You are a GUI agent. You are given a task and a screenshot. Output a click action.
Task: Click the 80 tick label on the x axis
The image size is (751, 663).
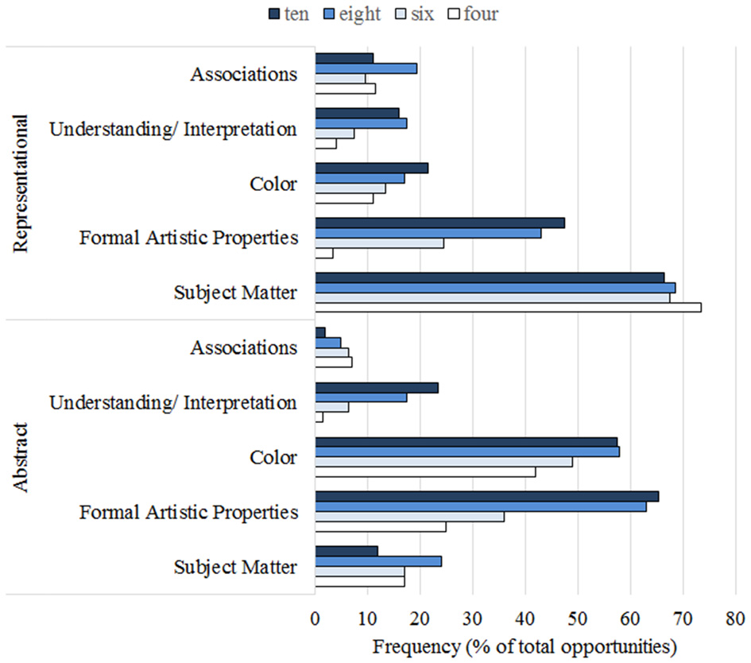[735, 618]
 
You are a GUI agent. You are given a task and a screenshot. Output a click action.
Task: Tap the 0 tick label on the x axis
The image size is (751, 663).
[315, 618]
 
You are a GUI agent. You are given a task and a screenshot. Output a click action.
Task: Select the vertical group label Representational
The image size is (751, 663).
[21, 183]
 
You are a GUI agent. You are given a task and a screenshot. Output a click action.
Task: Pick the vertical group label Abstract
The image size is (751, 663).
[21, 457]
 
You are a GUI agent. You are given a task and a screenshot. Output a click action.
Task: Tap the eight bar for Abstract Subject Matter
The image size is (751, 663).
[378, 561]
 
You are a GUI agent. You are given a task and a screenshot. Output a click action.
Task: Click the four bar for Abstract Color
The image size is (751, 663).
[425, 472]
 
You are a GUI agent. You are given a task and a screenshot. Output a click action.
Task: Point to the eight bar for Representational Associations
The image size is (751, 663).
[366, 68]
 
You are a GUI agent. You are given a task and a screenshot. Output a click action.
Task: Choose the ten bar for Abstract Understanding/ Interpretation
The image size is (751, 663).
[377, 388]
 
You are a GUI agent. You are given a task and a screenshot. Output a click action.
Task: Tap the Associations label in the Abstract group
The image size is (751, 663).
[243, 347]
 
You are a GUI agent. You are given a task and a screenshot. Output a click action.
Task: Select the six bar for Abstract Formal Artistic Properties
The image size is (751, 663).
[409, 517]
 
